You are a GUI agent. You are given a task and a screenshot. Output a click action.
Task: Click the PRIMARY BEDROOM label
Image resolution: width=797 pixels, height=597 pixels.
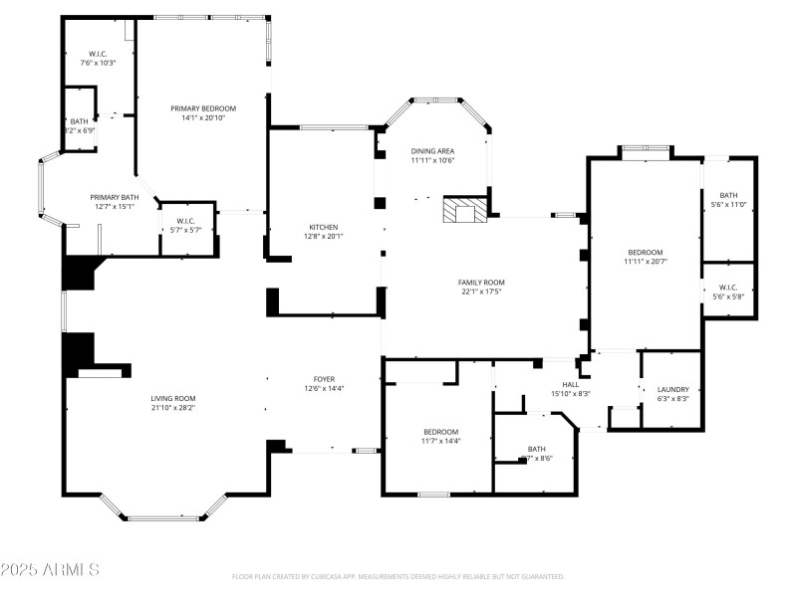point(202,107)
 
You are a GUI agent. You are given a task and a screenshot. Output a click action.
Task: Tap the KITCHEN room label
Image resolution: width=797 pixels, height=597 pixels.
point(322,227)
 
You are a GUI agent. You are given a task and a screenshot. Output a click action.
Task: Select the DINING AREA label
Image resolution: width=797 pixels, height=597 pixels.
point(432,150)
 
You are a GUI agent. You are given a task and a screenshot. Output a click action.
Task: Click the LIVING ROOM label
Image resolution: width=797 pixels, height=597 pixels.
point(172,398)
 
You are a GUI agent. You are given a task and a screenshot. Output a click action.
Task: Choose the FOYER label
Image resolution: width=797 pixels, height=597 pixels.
point(325,378)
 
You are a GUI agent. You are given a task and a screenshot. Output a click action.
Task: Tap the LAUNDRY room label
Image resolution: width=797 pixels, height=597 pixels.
point(673,389)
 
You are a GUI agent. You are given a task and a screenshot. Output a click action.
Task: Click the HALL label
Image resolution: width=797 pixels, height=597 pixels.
point(570,384)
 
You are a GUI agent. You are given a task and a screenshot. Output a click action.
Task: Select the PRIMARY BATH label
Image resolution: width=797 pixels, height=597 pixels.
point(114,197)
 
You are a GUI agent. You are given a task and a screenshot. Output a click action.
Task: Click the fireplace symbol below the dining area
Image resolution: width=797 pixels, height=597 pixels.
point(463,211)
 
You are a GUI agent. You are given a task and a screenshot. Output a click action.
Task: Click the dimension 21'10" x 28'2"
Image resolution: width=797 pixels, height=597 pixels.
point(172,407)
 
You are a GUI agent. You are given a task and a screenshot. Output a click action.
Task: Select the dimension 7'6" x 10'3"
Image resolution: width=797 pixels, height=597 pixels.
point(98,63)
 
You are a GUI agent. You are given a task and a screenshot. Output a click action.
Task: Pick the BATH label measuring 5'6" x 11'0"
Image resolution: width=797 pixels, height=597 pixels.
point(728,195)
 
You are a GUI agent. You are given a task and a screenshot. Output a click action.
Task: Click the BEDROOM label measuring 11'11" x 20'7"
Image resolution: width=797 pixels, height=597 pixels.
point(644,252)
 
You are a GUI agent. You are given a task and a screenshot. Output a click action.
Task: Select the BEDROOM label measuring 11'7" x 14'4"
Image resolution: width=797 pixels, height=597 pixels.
point(440,431)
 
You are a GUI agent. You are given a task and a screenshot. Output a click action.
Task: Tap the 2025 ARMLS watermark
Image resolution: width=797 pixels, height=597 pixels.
point(50,570)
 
